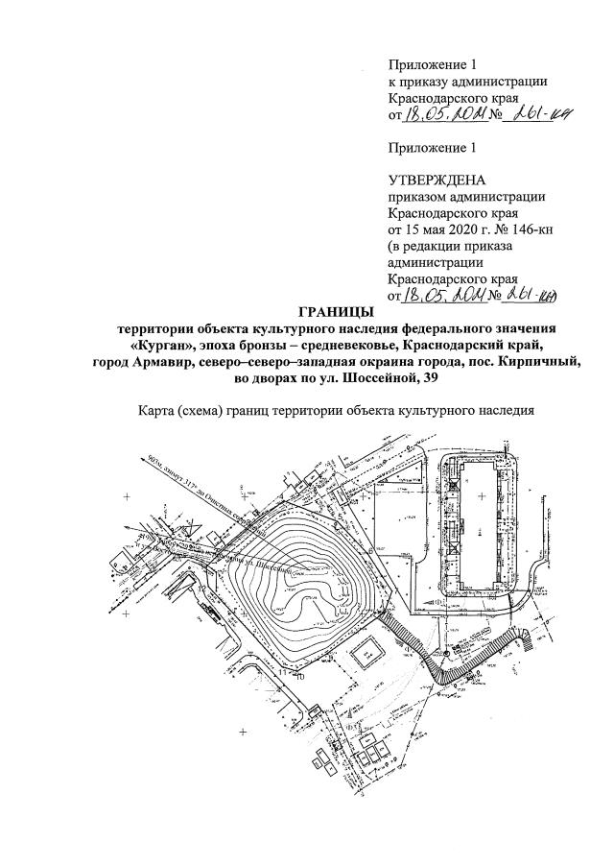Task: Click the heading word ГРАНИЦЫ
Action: click(329, 312)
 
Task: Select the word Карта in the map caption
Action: click(159, 411)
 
